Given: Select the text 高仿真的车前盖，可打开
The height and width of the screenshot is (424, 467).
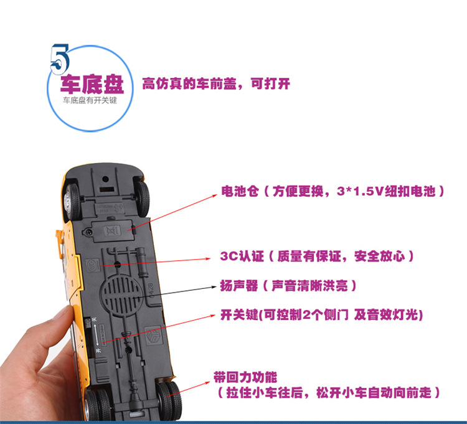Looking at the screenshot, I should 216,83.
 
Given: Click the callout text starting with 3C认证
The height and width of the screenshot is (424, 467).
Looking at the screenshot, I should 317,256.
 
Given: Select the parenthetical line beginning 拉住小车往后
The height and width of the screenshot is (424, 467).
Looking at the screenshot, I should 330,393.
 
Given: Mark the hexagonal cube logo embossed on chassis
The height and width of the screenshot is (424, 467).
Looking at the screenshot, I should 153,337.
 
